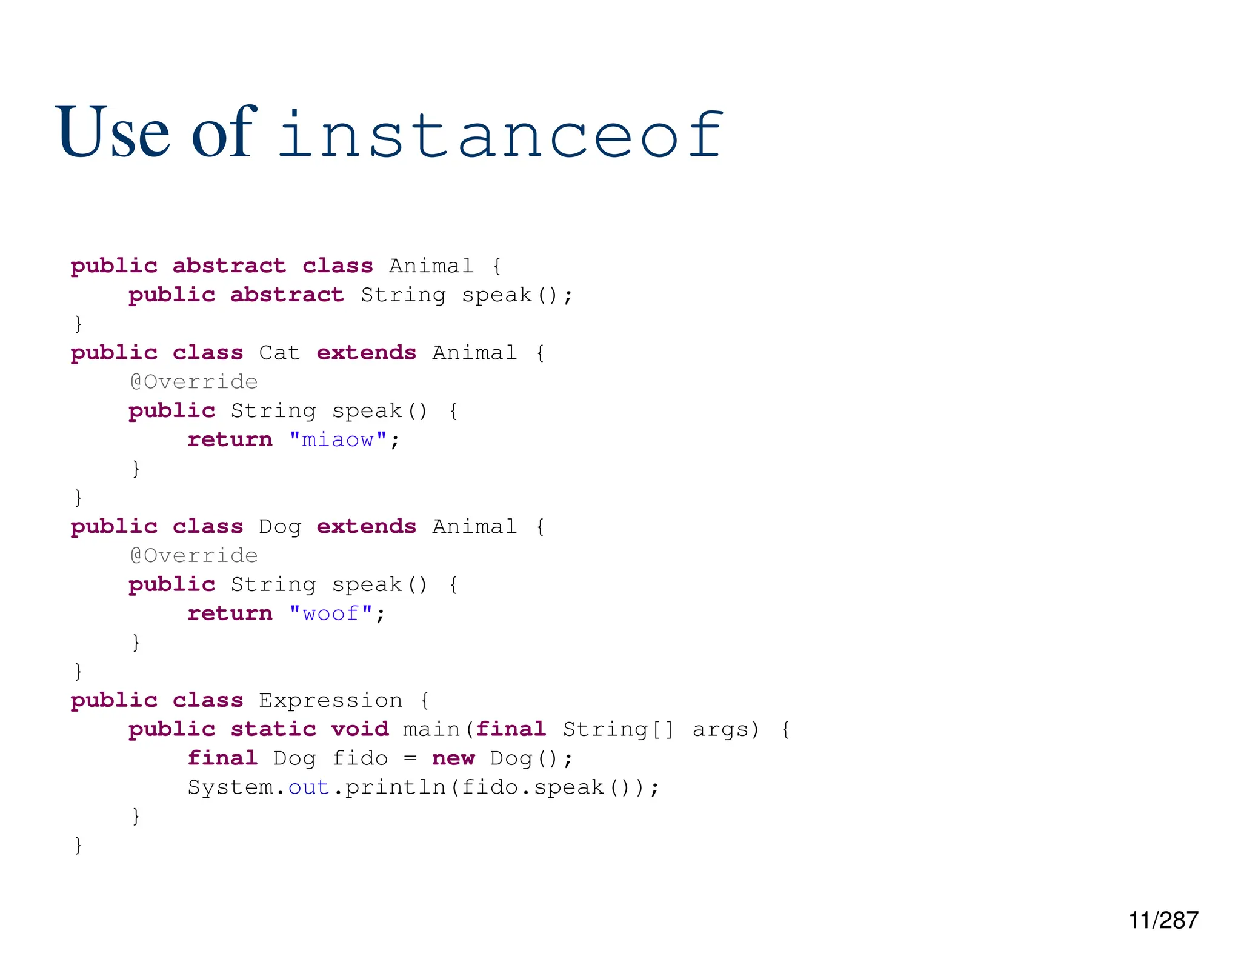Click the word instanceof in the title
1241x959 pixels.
501,135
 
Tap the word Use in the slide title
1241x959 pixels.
113,132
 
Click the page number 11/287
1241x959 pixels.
1163,920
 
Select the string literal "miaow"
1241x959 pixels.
338,439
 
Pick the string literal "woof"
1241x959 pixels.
330,613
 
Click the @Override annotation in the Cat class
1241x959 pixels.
194,382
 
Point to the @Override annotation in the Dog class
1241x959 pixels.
194,556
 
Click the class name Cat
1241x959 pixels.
279,353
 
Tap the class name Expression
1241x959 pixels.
330,701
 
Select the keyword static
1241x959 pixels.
273,729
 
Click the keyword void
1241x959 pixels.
360,729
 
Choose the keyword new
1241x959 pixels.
453,758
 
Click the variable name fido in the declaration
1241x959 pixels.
360,758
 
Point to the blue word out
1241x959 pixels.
308,787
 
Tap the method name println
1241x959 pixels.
395,787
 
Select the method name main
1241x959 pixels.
431,729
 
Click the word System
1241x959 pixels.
230,787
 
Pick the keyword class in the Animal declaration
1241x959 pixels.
338,266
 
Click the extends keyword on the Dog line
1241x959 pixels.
366,527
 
